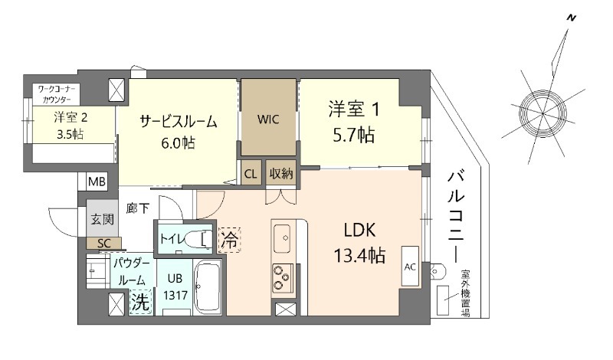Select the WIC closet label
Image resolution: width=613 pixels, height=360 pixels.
[268, 119]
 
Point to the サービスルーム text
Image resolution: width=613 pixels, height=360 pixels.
[178, 121]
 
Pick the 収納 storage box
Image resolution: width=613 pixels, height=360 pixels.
[281, 174]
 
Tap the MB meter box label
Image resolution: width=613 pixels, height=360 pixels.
[97, 182]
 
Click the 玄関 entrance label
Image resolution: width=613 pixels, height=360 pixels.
[102, 220]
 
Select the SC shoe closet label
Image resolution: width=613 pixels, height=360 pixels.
[103, 243]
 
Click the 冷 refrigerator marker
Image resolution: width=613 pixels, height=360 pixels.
[228, 239]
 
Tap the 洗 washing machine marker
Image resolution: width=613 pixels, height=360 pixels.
[139, 302]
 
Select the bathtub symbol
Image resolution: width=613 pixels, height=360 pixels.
[208, 287]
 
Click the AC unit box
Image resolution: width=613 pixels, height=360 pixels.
[409, 267]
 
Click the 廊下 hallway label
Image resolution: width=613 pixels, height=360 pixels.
[137, 208]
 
